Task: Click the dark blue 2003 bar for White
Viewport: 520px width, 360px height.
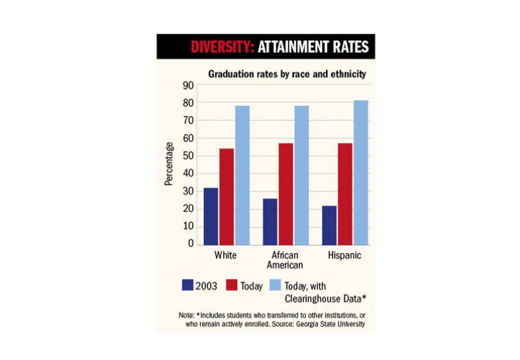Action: pos(211,216)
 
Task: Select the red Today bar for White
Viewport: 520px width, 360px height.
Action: pos(227,197)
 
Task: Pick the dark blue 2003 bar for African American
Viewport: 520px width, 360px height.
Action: pos(270,221)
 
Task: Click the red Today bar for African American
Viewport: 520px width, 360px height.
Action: pos(286,194)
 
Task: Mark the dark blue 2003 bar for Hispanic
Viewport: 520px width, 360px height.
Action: pos(329,225)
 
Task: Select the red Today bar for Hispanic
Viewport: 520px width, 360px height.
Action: pos(345,194)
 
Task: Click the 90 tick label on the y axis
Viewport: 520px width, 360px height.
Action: pos(187,86)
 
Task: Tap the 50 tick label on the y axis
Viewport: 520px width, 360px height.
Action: pos(187,156)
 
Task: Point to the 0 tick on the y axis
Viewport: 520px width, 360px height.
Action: pos(190,244)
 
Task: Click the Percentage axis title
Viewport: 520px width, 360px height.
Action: pos(170,164)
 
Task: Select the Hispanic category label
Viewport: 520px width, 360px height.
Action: pos(344,255)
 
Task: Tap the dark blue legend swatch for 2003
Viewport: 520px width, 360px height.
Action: pos(187,285)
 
